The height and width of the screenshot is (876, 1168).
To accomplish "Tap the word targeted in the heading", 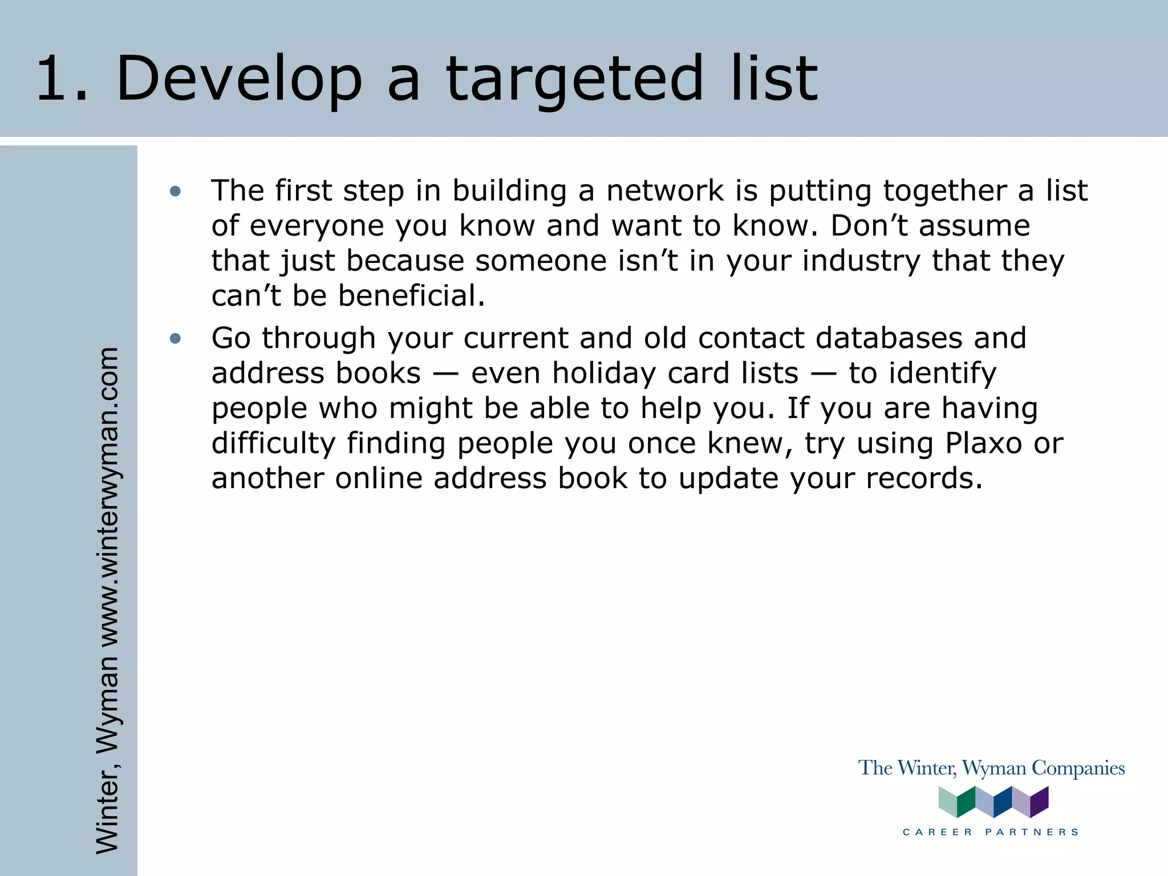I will (x=574, y=80).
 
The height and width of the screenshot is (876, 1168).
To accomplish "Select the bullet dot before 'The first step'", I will (x=175, y=191).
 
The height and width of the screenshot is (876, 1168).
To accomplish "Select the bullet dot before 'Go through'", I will (x=175, y=339).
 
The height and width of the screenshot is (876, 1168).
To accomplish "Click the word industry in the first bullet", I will (x=861, y=261).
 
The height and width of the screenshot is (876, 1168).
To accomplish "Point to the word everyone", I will (x=317, y=226).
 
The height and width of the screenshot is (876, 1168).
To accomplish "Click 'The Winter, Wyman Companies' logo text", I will (x=991, y=768).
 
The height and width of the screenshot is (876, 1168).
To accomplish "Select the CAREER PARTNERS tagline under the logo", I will (x=991, y=832).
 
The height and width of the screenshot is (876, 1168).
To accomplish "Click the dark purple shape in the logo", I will (x=1039, y=802).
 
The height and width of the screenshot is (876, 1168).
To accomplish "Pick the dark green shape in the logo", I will (x=966, y=802).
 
